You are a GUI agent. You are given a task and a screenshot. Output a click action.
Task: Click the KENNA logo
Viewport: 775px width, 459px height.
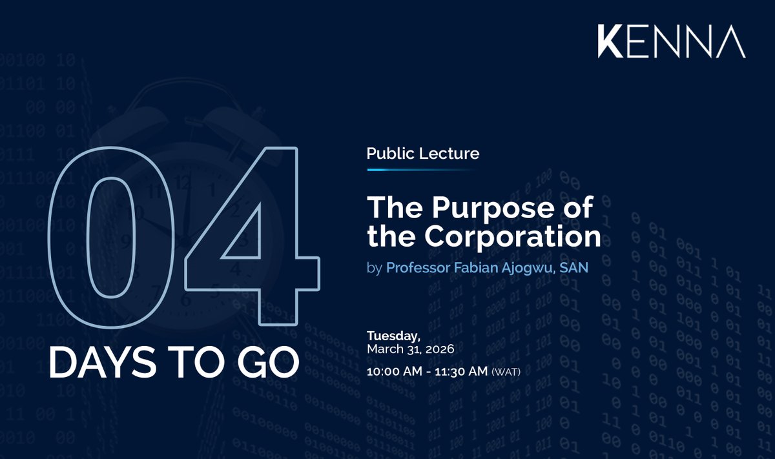671,43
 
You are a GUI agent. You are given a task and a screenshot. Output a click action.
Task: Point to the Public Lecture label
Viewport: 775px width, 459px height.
422,154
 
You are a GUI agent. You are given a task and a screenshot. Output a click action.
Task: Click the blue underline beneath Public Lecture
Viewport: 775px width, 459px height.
422,169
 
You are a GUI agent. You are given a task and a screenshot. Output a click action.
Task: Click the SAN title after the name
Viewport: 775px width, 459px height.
575,267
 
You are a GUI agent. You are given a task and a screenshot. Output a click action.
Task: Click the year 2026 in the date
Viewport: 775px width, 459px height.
440,349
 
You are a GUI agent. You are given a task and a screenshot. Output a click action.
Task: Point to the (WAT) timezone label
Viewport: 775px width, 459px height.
506,372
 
